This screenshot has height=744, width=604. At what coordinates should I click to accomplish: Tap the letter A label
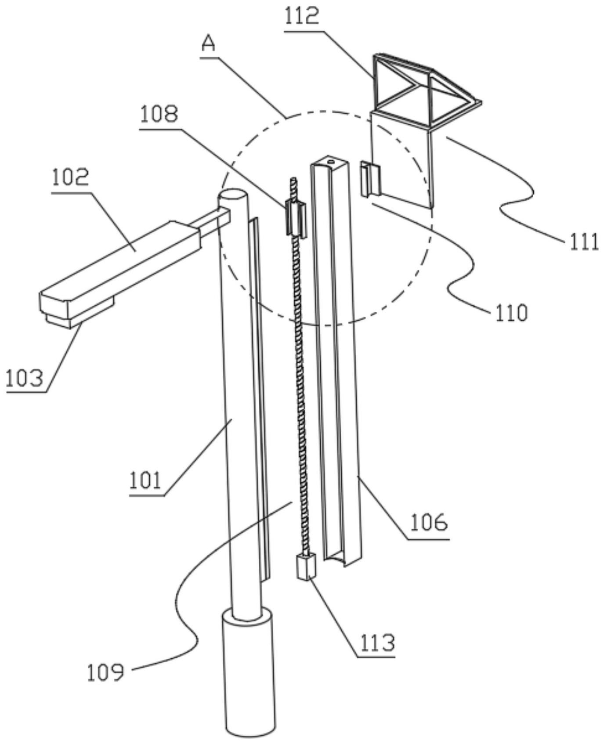tap(209, 44)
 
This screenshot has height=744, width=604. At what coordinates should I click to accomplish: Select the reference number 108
tap(159, 115)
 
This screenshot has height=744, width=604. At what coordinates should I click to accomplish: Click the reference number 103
tap(25, 378)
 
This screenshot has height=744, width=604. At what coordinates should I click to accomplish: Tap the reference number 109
tap(106, 672)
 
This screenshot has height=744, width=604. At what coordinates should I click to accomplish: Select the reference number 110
tap(511, 313)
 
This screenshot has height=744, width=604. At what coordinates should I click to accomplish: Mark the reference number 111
tap(584, 242)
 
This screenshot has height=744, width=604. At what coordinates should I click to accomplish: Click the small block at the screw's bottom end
tap(306, 567)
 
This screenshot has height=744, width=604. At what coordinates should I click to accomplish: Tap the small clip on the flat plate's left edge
tap(369, 178)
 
